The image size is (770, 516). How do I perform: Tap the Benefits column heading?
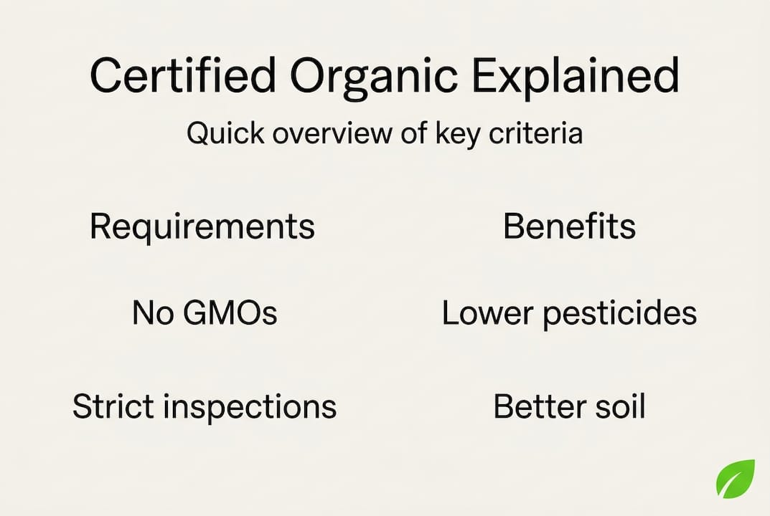click(569, 227)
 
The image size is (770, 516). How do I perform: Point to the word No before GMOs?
click(149, 314)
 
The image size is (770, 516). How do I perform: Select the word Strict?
click(113, 407)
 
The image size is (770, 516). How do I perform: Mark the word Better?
click(537, 407)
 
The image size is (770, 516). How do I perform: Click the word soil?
click(618, 407)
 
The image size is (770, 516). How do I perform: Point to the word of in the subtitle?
click(414, 134)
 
